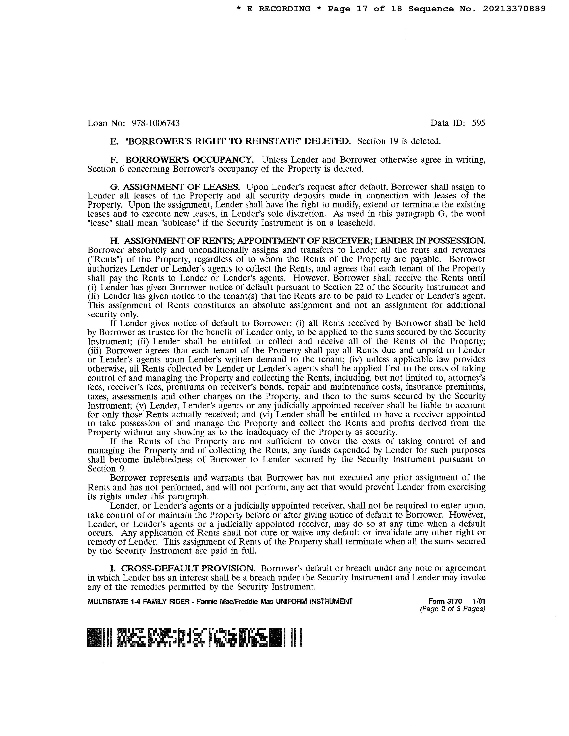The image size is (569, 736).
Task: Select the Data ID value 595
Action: pyautogui.click(x=478, y=123)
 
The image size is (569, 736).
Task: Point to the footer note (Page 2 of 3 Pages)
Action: pyautogui.click(x=452, y=609)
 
